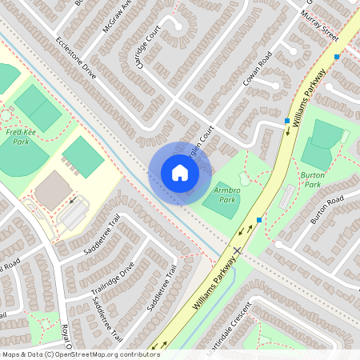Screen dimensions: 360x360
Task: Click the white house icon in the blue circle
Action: tap(179, 172)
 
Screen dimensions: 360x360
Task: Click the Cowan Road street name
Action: tap(258, 70)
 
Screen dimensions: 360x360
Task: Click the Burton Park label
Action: tap(310, 178)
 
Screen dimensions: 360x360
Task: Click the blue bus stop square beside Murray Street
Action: tap(338, 57)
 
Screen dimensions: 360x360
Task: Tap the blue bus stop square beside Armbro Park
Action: tap(259, 218)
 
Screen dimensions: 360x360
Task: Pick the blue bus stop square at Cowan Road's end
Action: tap(286, 121)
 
